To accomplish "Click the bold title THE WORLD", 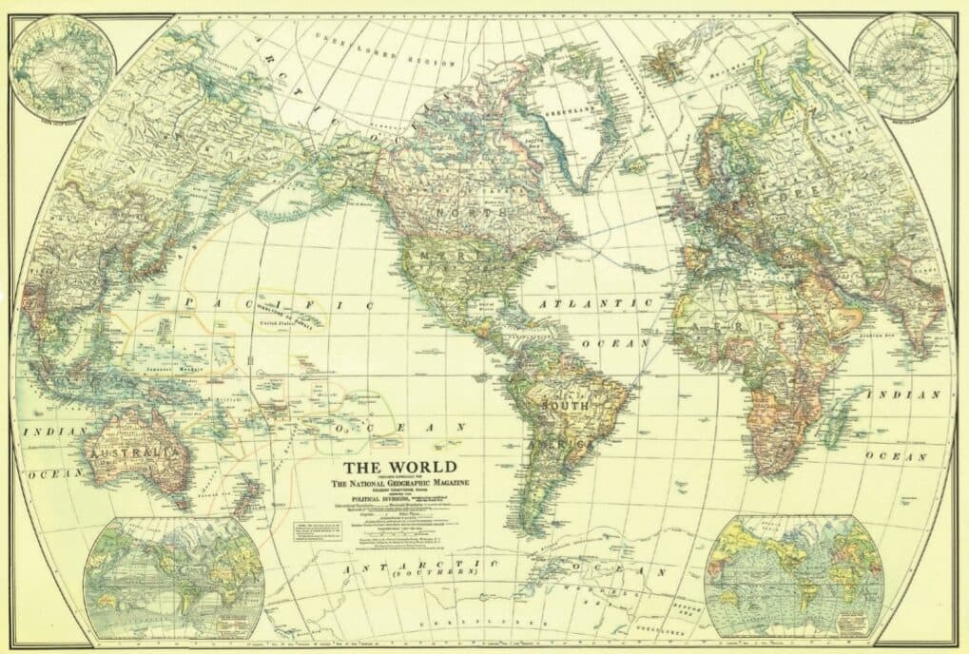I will [399, 467].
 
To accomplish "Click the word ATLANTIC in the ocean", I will [597, 304].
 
